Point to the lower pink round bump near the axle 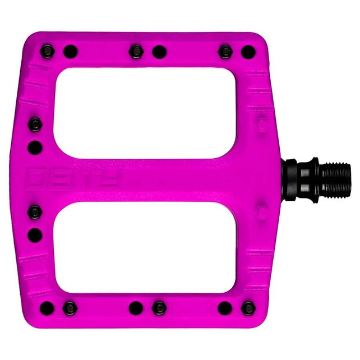point(261,211)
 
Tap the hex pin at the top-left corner point(47,52)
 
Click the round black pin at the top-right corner point(248,53)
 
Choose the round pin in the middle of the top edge point(159,52)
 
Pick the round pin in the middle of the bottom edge point(136,308)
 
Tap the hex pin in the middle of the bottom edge point(160,308)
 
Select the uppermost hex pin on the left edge point(35,124)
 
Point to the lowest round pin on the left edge point(35,234)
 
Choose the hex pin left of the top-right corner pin point(225,52)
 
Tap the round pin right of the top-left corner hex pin point(70,52)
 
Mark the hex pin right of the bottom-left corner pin point(70,308)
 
